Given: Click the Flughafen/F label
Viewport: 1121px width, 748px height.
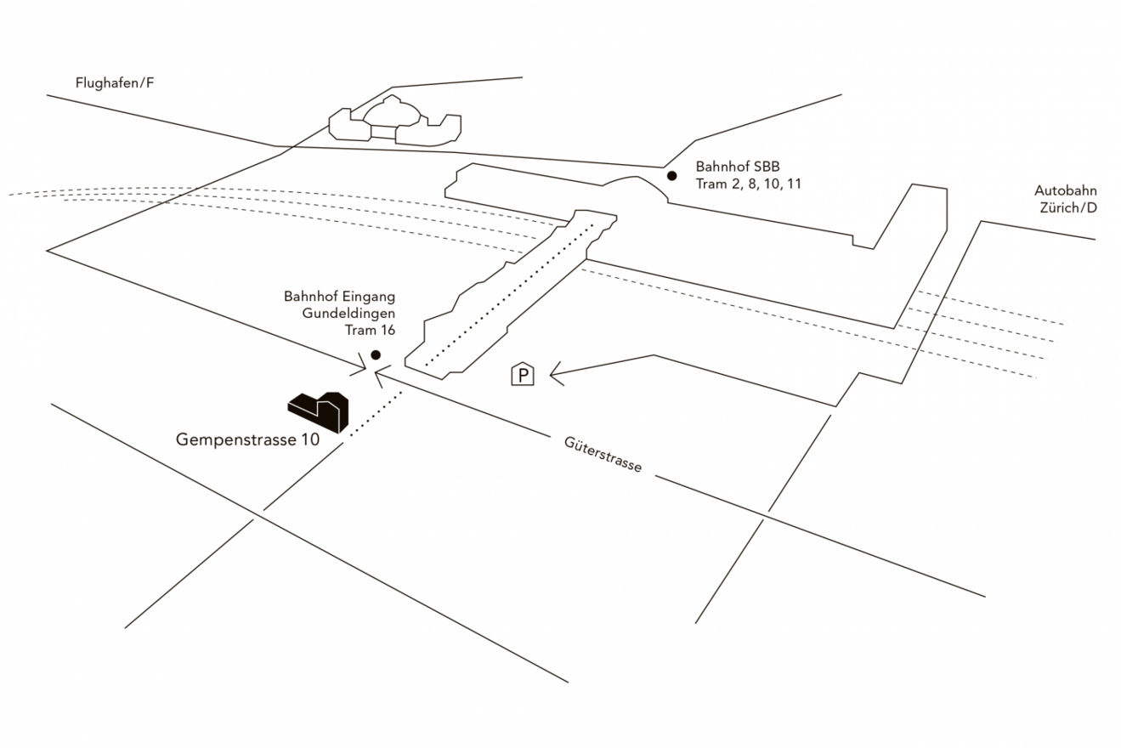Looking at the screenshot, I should (115, 82).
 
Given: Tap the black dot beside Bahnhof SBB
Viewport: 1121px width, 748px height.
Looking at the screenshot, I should (671, 176).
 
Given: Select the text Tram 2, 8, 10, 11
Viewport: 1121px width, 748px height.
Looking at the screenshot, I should (748, 183).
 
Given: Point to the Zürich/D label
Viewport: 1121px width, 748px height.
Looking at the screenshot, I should (1067, 207).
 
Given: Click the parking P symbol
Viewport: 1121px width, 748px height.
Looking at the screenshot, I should (523, 374).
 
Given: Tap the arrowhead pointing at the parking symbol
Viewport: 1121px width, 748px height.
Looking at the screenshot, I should (555, 372).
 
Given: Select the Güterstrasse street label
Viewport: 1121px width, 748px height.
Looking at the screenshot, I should (603, 455).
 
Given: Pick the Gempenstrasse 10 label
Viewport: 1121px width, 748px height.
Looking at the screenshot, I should (247, 440).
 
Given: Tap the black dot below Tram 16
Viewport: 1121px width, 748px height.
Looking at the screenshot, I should (376, 354).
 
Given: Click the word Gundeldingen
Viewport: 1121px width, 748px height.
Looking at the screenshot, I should (348, 313).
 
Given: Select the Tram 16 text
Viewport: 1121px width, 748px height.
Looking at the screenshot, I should (370, 330).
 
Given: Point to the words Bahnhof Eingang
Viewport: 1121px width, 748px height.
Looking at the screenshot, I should (339, 297).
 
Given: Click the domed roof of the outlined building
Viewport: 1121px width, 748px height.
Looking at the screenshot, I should (392, 112).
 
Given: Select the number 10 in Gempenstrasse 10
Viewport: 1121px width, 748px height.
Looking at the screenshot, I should (309, 440).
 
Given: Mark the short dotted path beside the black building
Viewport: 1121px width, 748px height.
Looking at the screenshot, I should (375, 413).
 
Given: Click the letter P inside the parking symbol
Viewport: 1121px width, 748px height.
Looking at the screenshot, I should (523, 375).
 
